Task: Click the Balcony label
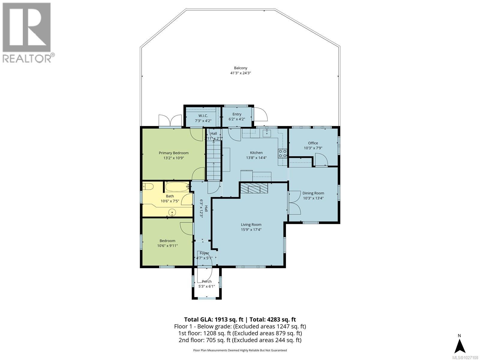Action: tap(241, 68)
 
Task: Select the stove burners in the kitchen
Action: tap(282, 153)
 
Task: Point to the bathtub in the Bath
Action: tap(177, 187)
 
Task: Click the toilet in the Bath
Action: tap(148, 187)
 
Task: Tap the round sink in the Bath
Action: tap(172, 213)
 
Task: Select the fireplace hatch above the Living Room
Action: tap(253, 189)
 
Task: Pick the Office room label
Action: tap(313, 143)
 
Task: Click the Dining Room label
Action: tap(313, 193)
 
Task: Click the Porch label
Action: tap(207, 281)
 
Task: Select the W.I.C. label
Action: tap(203, 115)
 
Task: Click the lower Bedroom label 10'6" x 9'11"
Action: tap(167, 243)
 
